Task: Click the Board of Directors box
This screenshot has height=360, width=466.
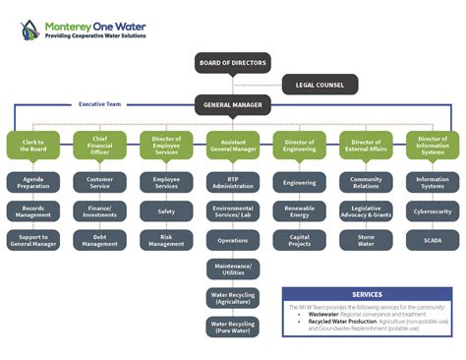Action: pos(232,63)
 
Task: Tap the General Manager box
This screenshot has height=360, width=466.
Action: pos(232,104)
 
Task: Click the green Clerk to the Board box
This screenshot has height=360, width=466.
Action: pos(32,146)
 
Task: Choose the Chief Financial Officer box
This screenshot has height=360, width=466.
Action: pos(99,146)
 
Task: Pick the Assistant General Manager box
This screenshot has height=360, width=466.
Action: pos(232,146)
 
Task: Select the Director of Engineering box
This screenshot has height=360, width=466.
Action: pos(299,146)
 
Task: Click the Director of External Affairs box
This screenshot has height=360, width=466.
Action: pos(366,146)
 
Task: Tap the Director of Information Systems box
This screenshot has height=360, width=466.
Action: pos(433,146)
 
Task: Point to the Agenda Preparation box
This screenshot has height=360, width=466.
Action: pos(32,182)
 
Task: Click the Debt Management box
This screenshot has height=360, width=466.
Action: pos(99,239)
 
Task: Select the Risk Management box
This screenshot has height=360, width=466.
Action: pos(166,239)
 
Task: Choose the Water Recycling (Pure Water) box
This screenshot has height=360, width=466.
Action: pos(232,326)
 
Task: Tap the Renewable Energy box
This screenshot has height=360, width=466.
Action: pos(299,210)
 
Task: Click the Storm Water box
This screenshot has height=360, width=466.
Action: pos(366,239)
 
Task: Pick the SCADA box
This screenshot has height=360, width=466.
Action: pos(433,239)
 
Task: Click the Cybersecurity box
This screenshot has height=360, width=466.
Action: pos(433,210)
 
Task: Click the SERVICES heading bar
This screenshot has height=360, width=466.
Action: pos(368,294)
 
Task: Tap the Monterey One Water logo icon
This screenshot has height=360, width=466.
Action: pos(30,30)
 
